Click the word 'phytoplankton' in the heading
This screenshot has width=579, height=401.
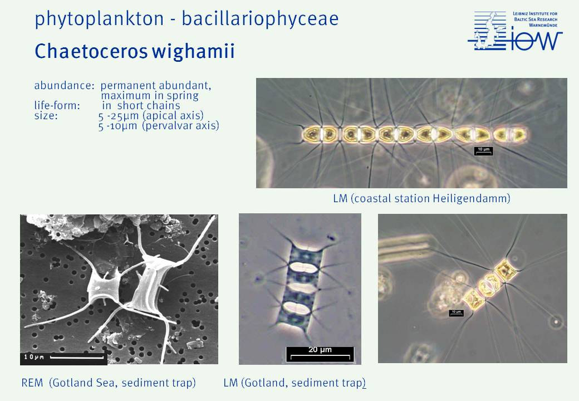pos(99,19)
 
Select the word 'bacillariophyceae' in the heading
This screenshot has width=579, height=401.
pos(260,18)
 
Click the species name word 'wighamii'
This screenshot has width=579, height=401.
pos(193,52)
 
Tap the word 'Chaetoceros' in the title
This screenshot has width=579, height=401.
pos(91,51)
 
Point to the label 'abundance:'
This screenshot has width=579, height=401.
pos(64,85)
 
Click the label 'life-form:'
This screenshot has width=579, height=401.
pos(57,106)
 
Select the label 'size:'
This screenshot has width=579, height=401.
pos(46,116)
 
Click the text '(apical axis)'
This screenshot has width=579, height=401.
pos(173,116)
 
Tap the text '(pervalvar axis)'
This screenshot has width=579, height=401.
pos(181,125)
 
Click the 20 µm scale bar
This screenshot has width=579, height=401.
pos(320,354)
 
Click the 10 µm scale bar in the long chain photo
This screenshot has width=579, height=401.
pos(483,150)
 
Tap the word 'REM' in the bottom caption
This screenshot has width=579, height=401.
pos(32,383)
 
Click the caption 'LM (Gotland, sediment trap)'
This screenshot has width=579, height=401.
pos(295,383)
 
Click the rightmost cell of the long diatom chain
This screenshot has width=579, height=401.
pos(510,134)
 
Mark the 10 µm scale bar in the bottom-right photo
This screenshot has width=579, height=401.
pos(456,313)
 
